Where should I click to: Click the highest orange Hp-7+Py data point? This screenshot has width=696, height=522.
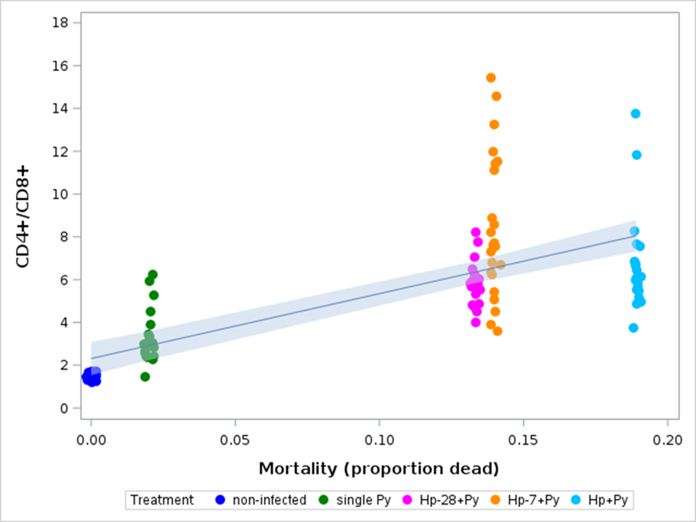491,78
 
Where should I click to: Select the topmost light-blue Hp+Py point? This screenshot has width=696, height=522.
635,114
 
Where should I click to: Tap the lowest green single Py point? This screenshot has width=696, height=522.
145,377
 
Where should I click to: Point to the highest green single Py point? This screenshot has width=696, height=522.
153,275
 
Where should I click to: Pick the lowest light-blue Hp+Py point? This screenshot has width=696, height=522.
633,328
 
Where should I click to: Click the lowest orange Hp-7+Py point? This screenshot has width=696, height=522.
497,331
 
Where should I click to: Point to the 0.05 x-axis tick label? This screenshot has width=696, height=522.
234,439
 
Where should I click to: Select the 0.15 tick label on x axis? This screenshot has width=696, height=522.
522,439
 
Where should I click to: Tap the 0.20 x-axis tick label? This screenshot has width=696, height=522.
667,439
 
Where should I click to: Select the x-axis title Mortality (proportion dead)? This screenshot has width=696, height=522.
378,467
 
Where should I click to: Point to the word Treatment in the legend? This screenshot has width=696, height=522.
162,500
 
